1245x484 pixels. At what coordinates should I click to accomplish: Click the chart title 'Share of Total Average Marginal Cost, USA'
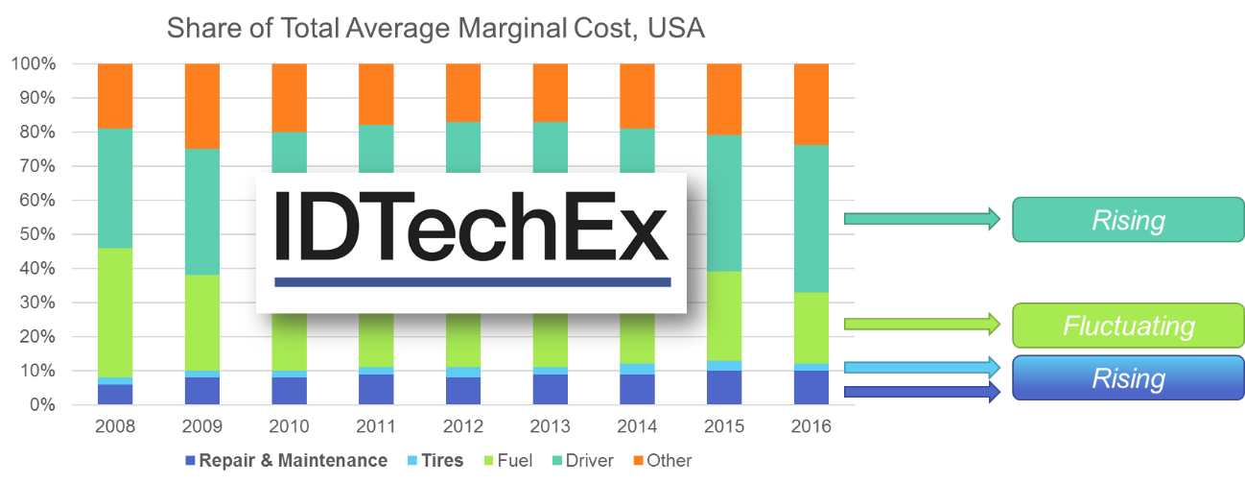tap(436, 29)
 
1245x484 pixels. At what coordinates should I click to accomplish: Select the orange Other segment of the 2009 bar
tap(202, 106)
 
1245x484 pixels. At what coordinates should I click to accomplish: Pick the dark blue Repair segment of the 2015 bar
tap(724, 388)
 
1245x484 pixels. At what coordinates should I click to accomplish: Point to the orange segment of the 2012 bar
tap(462, 93)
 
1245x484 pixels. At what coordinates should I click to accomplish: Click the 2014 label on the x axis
tap(637, 425)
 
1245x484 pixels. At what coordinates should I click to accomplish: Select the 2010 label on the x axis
tap(289, 425)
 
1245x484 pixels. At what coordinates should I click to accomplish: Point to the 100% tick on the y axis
tap(35, 64)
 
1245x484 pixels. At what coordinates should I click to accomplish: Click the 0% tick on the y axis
tap(41, 405)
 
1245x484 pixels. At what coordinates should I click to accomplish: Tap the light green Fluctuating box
tap(1128, 326)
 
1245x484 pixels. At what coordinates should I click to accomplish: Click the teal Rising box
tap(1128, 220)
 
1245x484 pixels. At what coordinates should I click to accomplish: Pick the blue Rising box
tap(1128, 377)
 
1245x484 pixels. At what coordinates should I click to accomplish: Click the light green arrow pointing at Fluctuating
tap(921, 325)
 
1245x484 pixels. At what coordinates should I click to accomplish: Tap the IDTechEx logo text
tap(471, 229)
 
